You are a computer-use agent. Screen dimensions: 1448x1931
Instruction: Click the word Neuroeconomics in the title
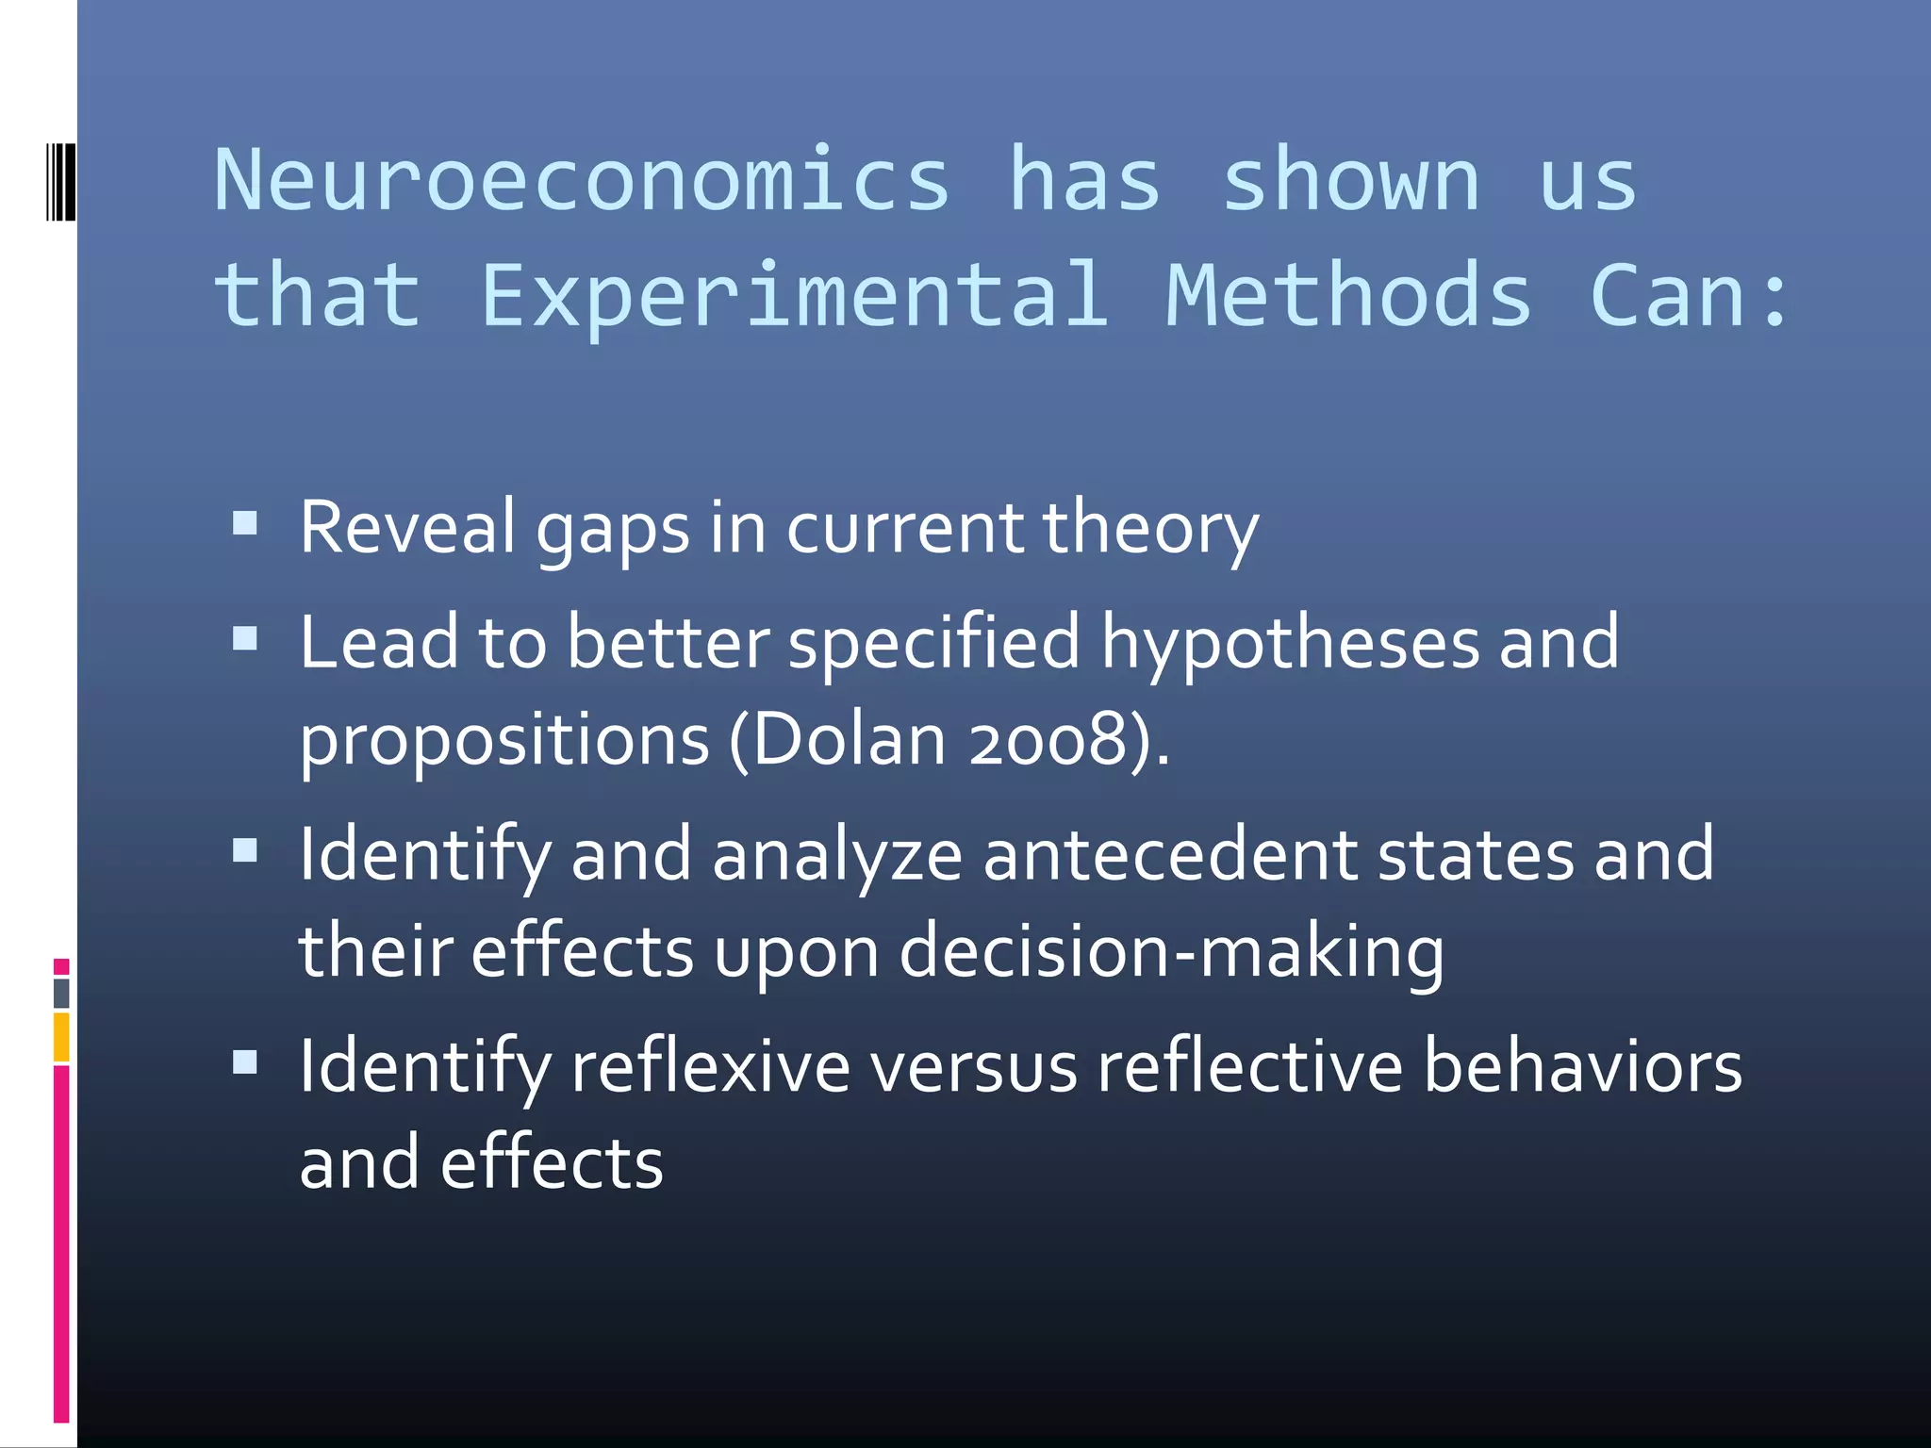point(581,180)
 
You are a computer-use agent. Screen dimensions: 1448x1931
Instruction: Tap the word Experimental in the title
point(794,296)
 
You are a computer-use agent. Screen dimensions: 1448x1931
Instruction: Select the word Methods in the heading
point(1348,296)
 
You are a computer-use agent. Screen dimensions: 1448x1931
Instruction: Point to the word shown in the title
point(1350,182)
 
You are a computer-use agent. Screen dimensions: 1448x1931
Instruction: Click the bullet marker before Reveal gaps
point(245,523)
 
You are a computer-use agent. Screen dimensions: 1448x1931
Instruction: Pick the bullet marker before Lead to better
point(245,640)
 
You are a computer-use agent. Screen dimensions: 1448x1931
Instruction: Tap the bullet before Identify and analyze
point(245,851)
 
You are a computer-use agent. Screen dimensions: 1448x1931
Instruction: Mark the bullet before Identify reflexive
point(245,1063)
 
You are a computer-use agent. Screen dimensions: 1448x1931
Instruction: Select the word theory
point(1150,528)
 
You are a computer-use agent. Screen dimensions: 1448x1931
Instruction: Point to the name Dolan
point(850,740)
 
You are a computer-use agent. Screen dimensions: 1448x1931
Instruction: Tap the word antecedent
point(1170,854)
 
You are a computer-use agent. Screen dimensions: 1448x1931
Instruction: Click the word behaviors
point(1582,1067)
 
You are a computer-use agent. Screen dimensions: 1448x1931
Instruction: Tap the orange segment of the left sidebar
point(61,1037)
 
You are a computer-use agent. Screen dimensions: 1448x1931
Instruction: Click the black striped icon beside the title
point(60,181)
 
